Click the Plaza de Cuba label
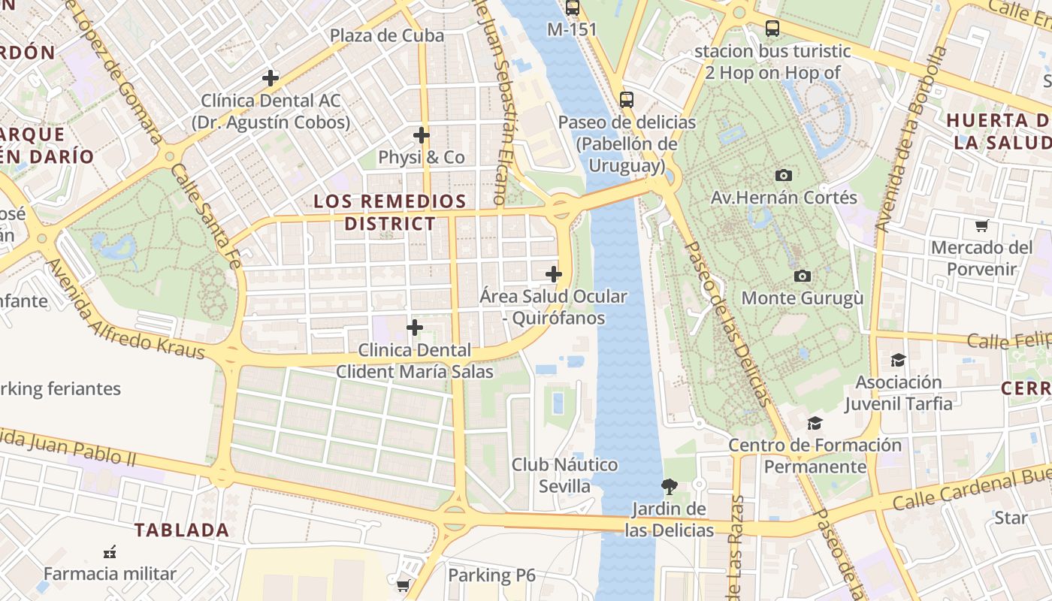(x=387, y=35)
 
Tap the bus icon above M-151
(x=573, y=8)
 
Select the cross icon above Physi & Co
(x=422, y=135)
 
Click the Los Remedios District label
(x=390, y=212)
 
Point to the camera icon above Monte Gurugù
(x=803, y=276)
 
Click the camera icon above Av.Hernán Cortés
(x=784, y=175)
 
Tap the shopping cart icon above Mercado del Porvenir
(x=981, y=225)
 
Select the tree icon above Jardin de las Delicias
(x=669, y=487)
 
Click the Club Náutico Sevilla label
(x=565, y=475)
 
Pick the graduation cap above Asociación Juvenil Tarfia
(x=898, y=360)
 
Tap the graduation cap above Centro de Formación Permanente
(x=815, y=423)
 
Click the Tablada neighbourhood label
(x=182, y=530)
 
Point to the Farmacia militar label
(x=110, y=574)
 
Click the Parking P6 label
(x=491, y=575)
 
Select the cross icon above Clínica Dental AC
(x=271, y=77)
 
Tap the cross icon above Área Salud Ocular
(x=554, y=274)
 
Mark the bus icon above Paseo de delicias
(x=626, y=99)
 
